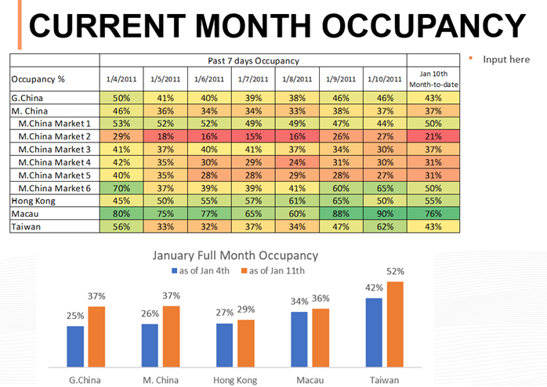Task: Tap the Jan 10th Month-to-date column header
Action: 433,78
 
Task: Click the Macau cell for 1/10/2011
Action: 385,214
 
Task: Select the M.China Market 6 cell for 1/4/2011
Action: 121,188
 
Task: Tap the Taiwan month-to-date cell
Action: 433,226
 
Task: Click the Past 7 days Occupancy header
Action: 253,60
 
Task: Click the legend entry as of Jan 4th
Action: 201,270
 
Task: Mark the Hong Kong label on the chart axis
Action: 234,379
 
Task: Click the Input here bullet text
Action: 506,60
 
